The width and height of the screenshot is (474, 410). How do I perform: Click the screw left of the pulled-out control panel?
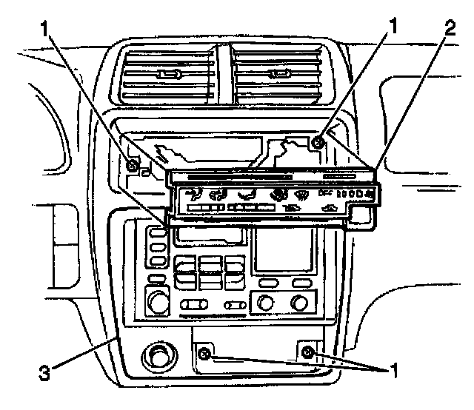click(131, 164)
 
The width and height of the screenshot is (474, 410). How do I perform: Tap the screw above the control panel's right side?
click(317, 144)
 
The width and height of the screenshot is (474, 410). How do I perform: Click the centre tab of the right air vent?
click(280, 73)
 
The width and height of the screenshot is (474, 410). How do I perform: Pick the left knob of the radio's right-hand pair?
click(264, 302)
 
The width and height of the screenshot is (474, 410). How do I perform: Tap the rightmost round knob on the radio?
click(299, 302)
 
